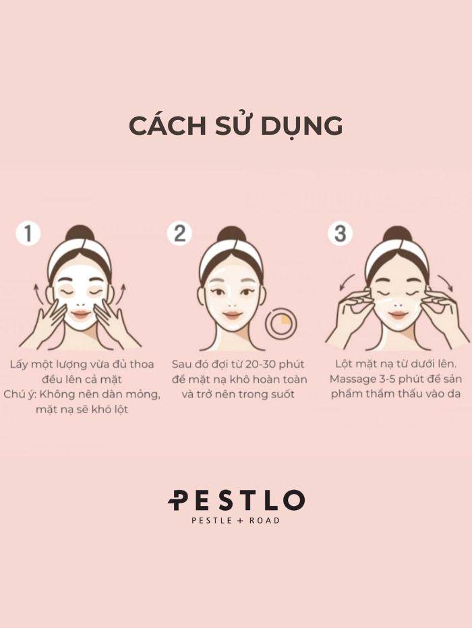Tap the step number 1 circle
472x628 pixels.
coord(28,233)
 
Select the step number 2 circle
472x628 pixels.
coord(179,233)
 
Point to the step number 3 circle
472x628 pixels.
coord(340,233)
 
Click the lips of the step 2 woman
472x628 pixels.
coord(231,315)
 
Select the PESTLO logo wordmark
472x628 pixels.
coord(236,500)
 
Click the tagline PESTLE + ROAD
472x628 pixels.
coord(235,521)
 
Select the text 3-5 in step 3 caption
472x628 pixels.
coord(386,379)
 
